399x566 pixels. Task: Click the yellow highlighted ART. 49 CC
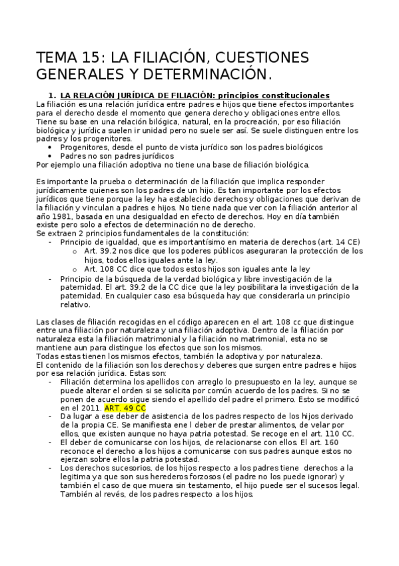pos(126,407)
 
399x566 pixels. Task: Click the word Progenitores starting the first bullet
pos(87,148)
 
